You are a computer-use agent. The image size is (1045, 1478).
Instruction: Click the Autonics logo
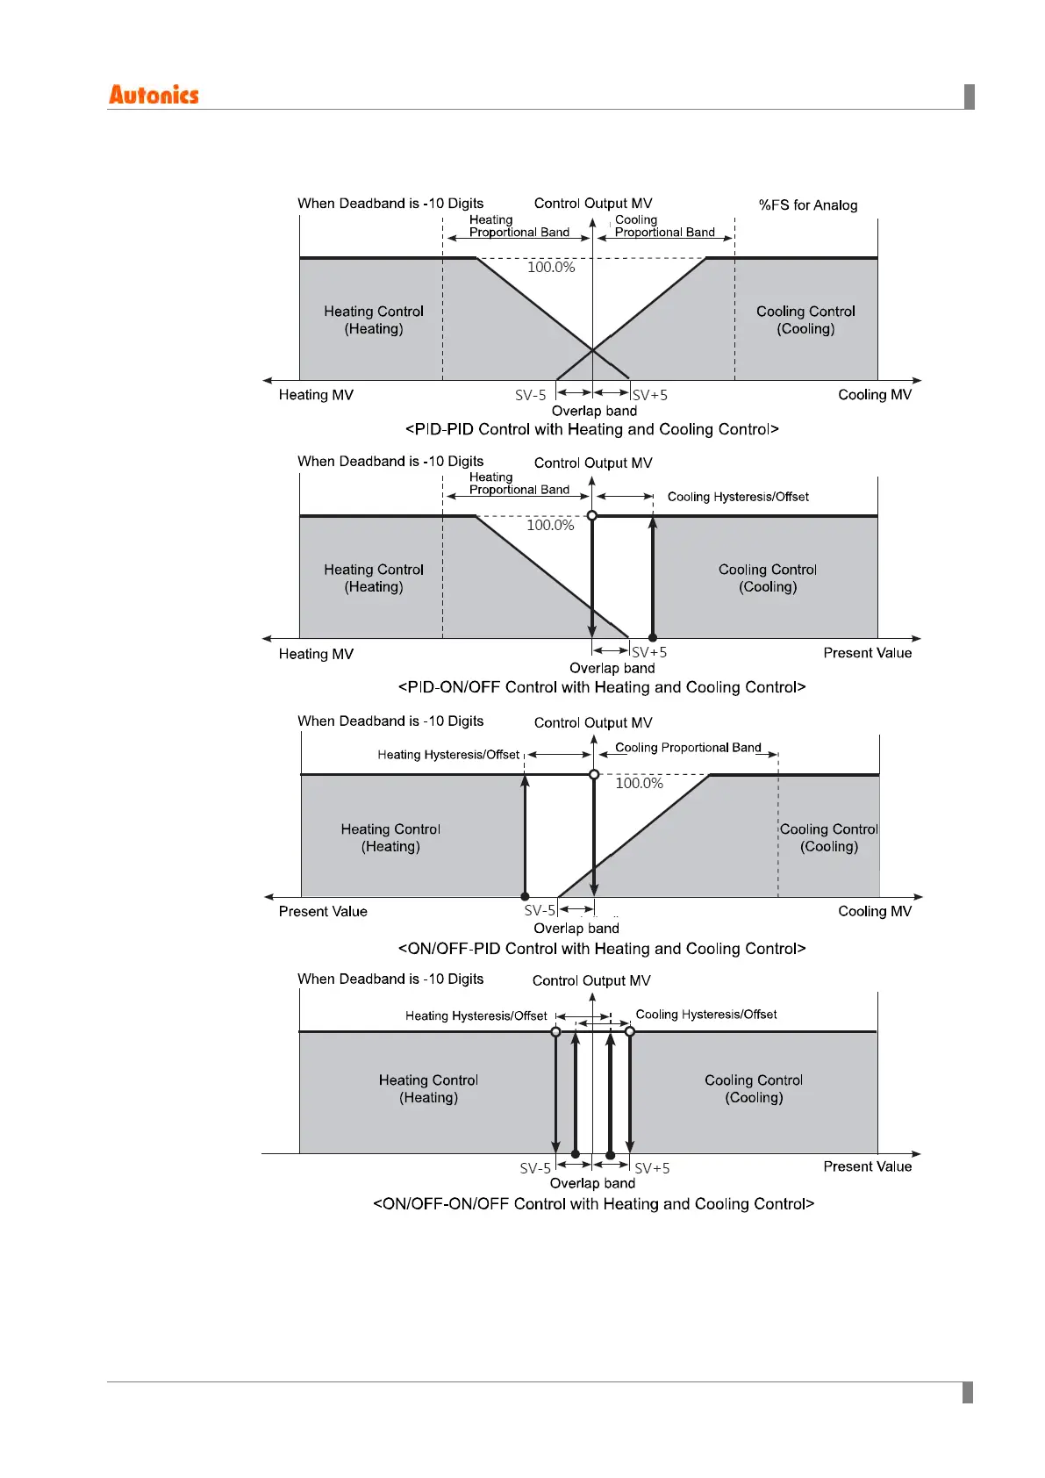tap(154, 95)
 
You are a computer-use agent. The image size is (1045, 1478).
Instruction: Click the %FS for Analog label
tap(807, 205)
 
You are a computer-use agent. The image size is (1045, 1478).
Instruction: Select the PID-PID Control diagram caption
tap(592, 429)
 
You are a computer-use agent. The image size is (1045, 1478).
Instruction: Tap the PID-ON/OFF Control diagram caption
tap(602, 687)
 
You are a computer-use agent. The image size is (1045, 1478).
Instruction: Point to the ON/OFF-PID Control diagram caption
tap(602, 949)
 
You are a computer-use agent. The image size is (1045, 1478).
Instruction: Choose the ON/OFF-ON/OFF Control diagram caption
tap(594, 1204)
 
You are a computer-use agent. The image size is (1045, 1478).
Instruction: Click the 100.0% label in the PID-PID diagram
tap(551, 268)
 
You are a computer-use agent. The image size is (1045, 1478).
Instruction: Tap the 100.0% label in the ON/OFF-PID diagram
tap(639, 783)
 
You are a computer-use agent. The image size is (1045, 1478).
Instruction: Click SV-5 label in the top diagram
tap(531, 396)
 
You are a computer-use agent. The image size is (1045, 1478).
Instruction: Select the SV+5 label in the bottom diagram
tap(652, 1169)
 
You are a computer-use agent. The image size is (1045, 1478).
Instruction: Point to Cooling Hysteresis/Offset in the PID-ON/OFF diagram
tap(738, 497)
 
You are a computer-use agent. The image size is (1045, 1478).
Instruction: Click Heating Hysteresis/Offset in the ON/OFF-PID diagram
tap(448, 755)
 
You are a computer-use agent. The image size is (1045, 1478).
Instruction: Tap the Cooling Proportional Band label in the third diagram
tap(688, 748)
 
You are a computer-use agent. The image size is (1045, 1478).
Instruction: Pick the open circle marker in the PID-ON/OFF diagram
tap(592, 516)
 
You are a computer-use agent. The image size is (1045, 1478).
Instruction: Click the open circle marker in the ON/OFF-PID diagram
tap(594, 774)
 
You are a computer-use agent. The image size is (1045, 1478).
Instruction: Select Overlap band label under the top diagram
tap(594, 411)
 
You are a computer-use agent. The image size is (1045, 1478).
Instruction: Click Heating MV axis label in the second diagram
tap(316, 654)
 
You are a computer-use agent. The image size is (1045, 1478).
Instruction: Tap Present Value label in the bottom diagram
tap(867, 1166)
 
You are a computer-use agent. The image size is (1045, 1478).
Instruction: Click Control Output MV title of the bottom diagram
tap(591, 981)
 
